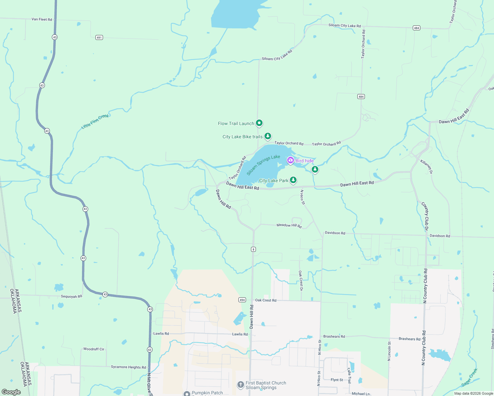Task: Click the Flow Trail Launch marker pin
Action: pos(259,123)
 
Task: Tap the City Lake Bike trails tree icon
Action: pos(268,136)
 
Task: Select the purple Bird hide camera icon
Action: pos(290,160)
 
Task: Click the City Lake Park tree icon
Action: pos(293,180)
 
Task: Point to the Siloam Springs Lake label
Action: pos(263,165)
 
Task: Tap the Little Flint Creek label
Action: pos(95,121)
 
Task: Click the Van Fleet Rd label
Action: pos(42,19)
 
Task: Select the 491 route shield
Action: pos(99,38)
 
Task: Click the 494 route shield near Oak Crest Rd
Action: pos(242,300)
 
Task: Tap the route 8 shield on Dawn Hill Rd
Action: pos(253,249)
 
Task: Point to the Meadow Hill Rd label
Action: pos(289,225)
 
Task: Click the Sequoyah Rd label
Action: pos(71,296)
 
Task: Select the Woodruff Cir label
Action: pos(93,349)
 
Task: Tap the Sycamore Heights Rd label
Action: pos(128,367)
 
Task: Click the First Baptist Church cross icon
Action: pos(241,385)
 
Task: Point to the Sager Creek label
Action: pos(469,378)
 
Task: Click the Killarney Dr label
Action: pos(426,167)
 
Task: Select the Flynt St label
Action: pos(337,380)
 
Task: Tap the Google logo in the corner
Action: pos(11,392)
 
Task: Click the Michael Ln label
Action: pos(361,394)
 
